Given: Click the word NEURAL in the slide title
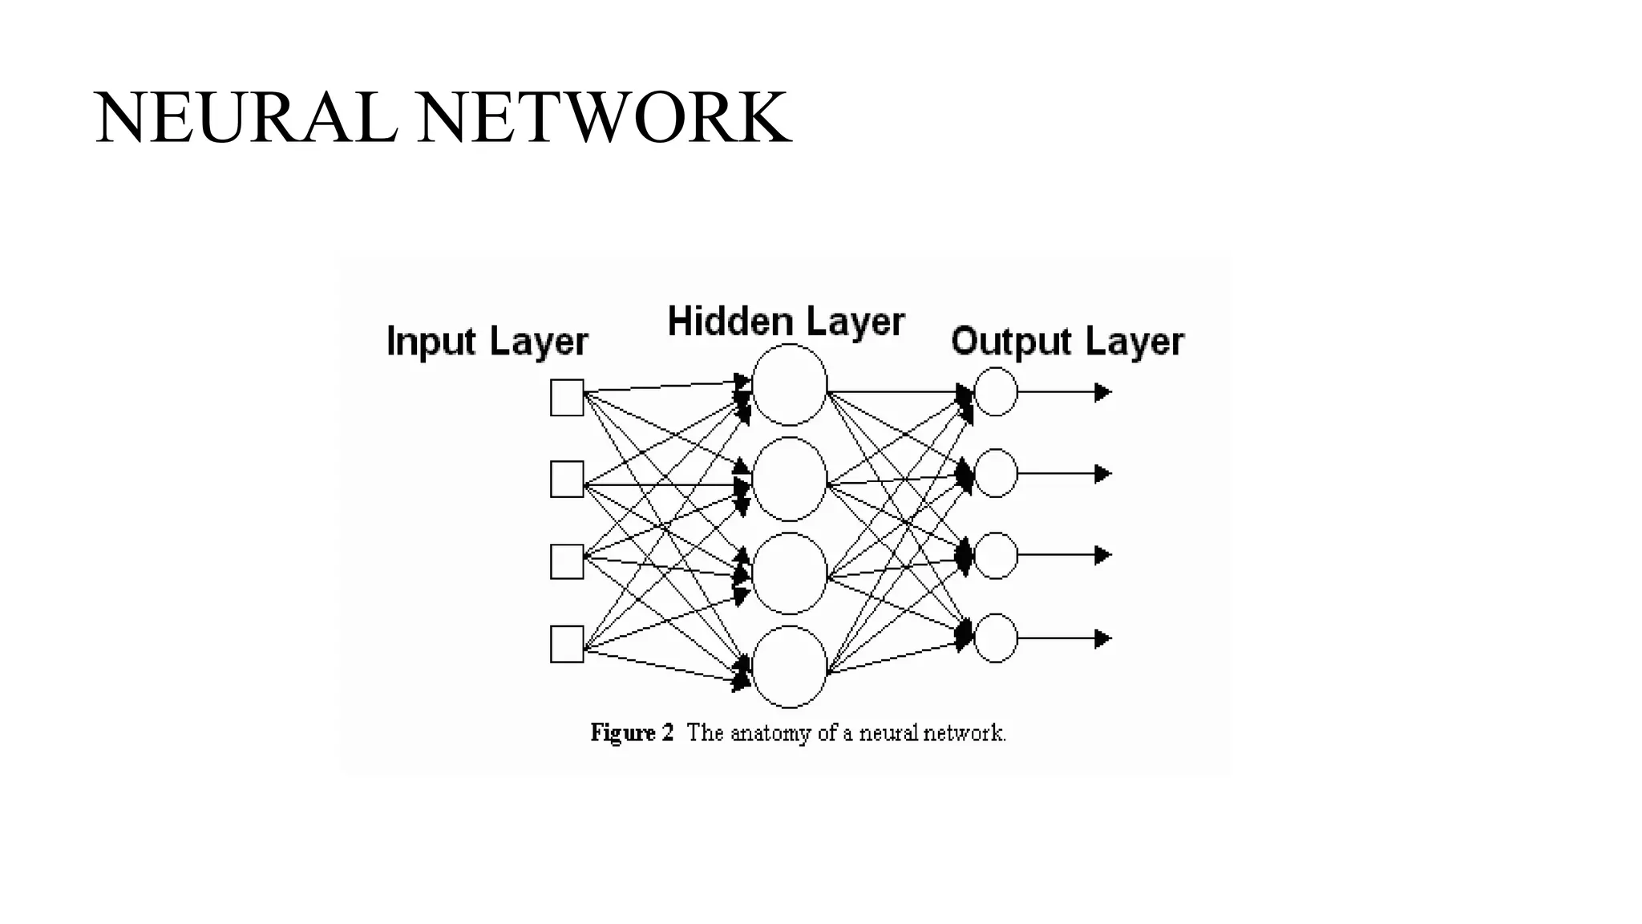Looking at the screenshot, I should [245, 119].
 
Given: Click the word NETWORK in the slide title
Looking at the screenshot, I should [603, 119].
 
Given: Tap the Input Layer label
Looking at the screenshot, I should [487, 342].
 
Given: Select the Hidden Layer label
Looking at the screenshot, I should [786, 322].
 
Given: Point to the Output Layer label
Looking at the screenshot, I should [1067, 342].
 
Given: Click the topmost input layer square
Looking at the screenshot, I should [567, 398].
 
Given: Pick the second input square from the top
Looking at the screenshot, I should [567, 479].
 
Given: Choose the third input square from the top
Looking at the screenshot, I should [567, 561].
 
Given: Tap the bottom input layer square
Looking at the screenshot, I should [567, 644].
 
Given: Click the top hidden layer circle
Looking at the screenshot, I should [790, 385].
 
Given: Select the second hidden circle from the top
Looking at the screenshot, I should [790, 479].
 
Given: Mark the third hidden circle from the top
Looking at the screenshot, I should [790, 573].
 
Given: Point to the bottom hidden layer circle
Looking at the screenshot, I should [790, 667].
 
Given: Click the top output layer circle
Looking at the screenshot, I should [996, 392].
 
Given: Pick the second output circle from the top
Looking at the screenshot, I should [996, 473].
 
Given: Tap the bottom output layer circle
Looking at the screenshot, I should [996, 638].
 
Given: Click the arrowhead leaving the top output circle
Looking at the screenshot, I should [1103, 392].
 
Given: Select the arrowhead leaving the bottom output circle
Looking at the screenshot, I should [1103, 638].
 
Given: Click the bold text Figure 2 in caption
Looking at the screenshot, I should [632, 733].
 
